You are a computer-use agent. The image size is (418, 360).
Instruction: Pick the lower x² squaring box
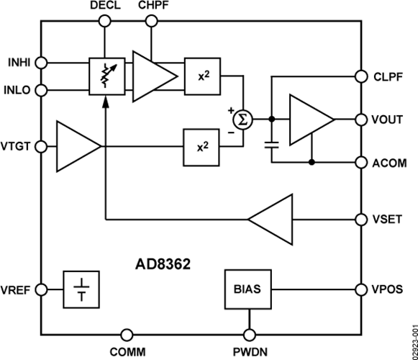202,147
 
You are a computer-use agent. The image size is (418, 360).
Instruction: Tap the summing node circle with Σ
243,119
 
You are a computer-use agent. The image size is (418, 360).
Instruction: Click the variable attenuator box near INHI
104,76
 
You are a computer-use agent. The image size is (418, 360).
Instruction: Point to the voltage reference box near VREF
80,289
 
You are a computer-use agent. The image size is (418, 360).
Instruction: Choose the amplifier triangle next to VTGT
77,147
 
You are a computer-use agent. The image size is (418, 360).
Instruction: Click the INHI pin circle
42,63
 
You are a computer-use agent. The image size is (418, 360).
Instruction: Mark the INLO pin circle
42,90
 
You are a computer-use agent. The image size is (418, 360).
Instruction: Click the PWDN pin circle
250,335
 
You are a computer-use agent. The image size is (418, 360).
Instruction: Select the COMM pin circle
127,335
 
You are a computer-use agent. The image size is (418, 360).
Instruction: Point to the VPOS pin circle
362,289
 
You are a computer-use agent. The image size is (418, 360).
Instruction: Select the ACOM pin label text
390,163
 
